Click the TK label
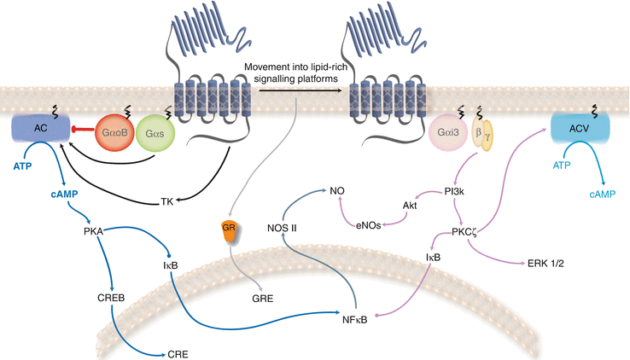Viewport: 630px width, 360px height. click(x=167, y=202)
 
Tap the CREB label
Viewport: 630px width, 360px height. click(x=113, y=299)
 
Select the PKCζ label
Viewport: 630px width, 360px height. click(x=466, y=230)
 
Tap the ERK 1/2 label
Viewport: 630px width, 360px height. click(x=546, y=264)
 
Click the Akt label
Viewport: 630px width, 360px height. click(x=411, y=206)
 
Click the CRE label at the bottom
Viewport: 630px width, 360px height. click(x=179, y=351)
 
